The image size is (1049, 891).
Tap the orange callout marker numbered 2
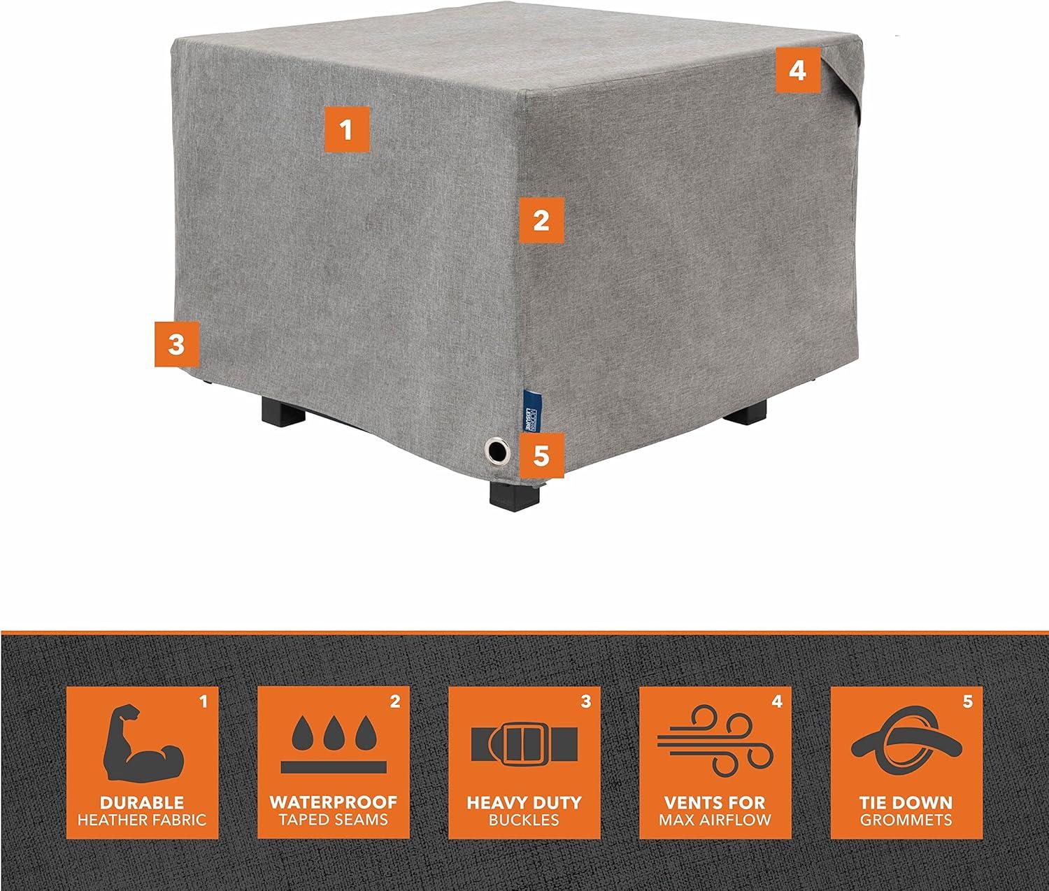coord(541,220)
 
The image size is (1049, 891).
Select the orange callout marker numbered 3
coord(176,343)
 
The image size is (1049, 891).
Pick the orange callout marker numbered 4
coord(798,70)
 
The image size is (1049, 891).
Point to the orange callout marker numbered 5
coord(541,455)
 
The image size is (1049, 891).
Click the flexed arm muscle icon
coord(142,747)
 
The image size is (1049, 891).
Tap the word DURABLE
coord(142,802)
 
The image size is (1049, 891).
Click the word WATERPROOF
coord(334,802)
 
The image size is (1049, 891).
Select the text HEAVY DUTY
coord(524,802)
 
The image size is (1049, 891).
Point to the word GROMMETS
coord(906,819)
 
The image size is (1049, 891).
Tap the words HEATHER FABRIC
coord(143,819)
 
